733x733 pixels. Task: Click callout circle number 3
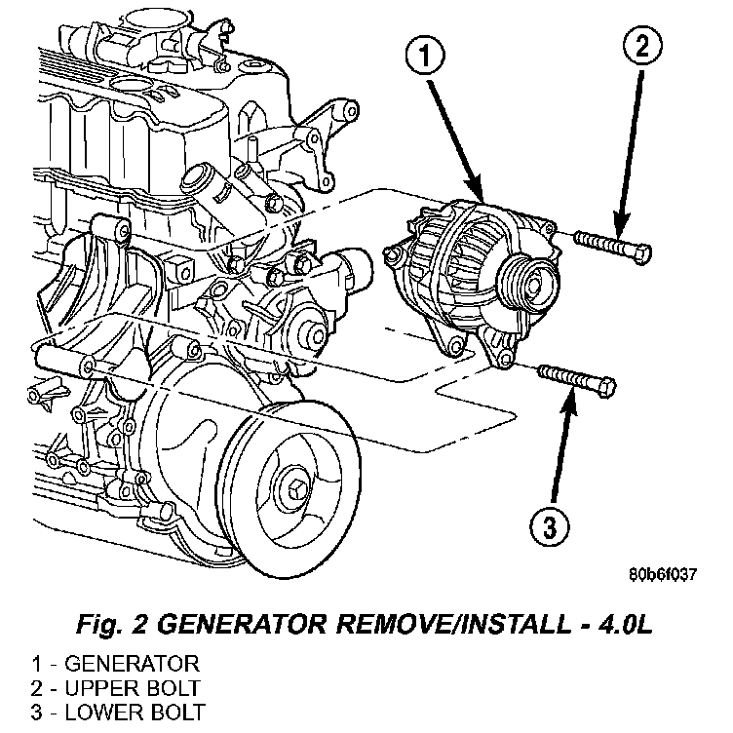click(x=550, y=528)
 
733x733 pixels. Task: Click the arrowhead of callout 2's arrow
click(x=616, y=226)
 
